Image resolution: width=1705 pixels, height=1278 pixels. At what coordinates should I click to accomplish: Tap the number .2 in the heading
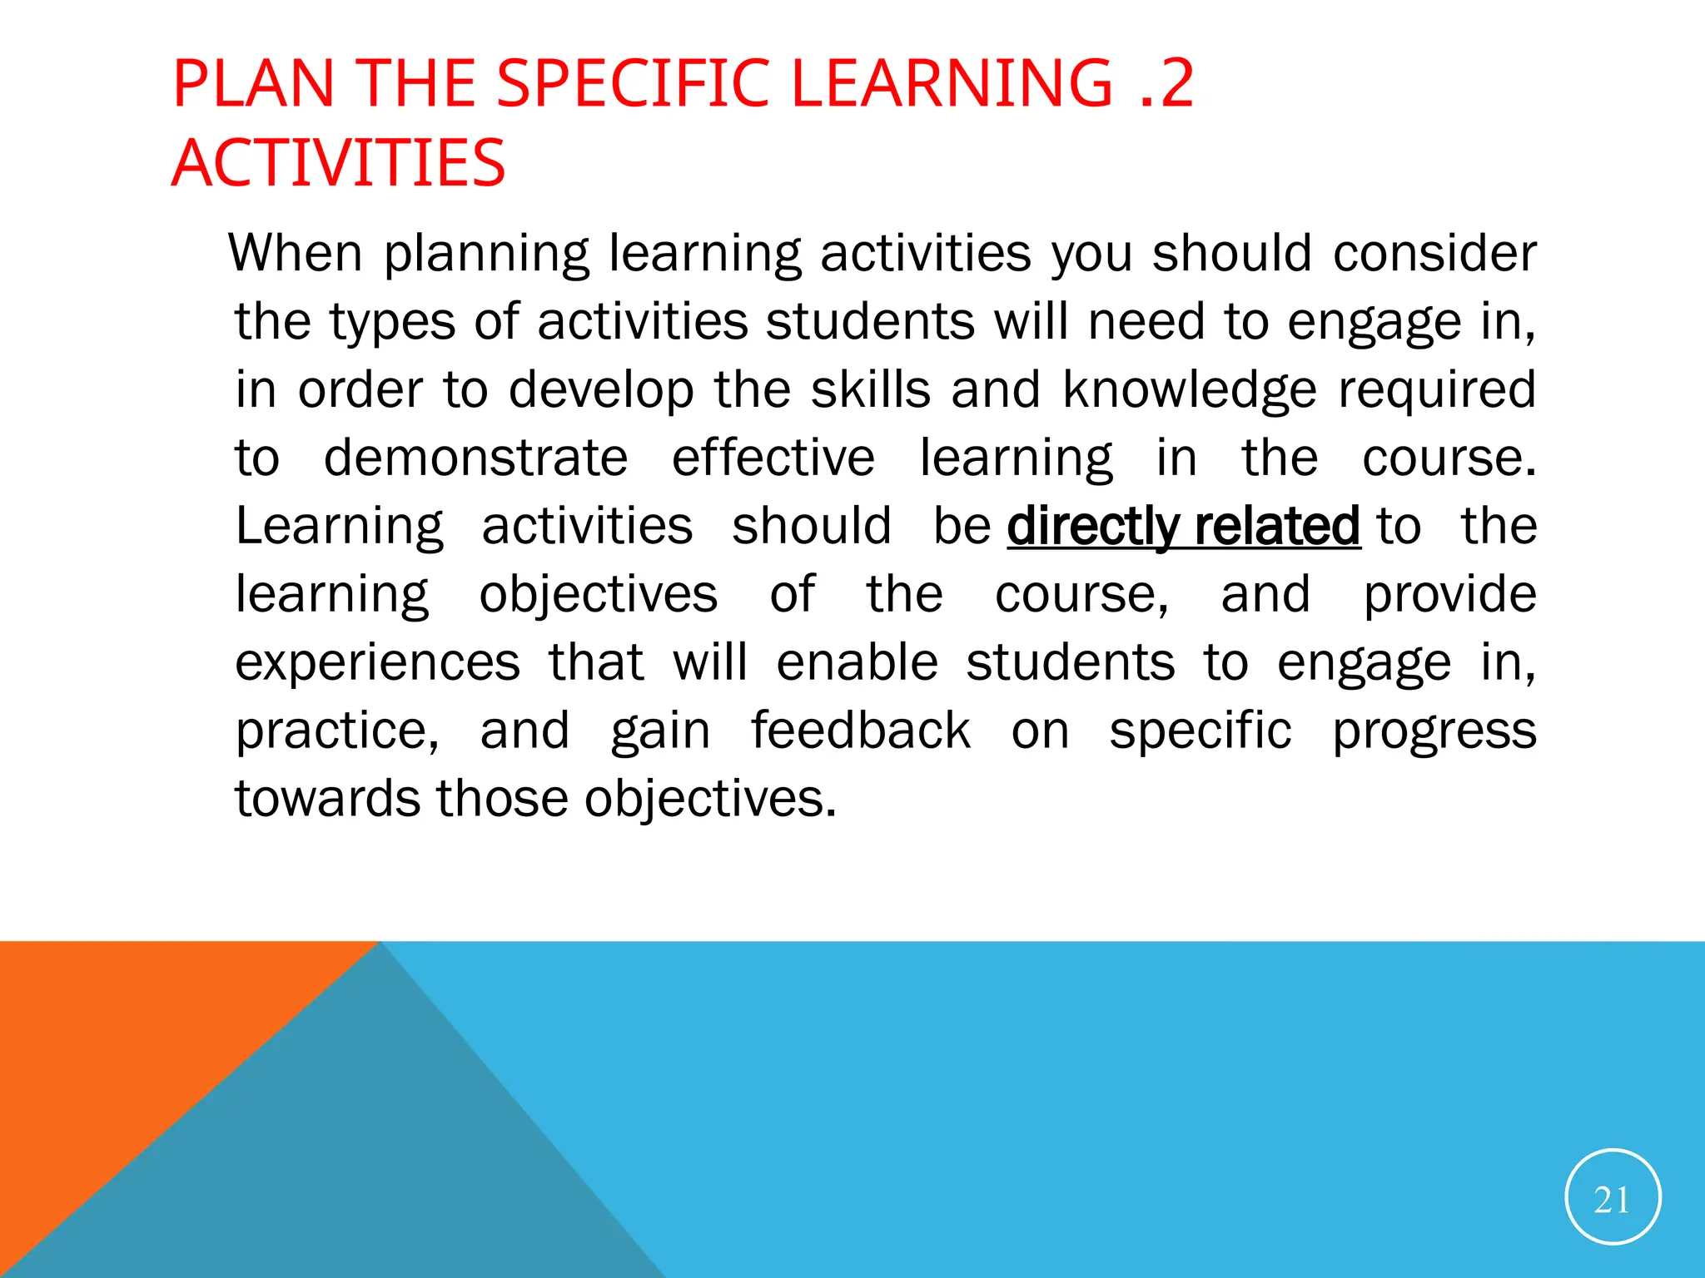point(1166,83)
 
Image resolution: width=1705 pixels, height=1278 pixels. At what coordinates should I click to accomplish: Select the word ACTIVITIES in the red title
point(339,162)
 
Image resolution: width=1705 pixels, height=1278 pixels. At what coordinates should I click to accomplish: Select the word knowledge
point(1191,389)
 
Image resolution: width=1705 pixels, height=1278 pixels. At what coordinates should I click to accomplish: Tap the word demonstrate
point(475,458)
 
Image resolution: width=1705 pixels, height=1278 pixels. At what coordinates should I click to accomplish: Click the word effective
point(773,458)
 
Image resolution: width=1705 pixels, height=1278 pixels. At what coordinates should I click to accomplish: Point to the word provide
point(1449,594)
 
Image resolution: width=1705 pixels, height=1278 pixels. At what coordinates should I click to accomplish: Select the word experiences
point(378,662)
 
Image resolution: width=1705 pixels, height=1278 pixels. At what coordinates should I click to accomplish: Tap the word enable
point(857,662)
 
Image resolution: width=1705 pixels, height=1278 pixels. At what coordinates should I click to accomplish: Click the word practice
point(336,731)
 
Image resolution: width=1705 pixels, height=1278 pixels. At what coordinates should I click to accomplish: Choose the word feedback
point(861,731)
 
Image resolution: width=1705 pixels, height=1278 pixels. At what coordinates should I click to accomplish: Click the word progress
point(1434,731)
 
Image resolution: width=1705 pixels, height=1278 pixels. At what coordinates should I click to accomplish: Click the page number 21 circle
point(1613,1196)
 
